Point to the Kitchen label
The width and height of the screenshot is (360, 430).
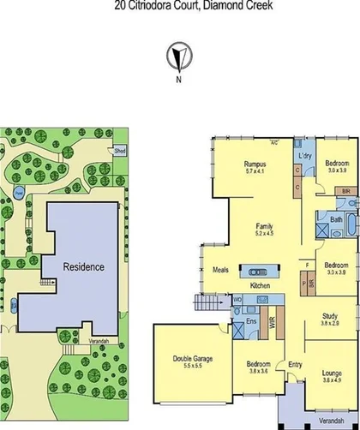[261, 284]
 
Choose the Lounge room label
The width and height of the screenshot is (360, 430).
[331, 373]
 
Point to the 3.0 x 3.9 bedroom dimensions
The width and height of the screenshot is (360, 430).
[336, 170]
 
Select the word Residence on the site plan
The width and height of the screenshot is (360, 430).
[84, 266]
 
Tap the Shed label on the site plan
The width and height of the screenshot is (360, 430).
[119, 150]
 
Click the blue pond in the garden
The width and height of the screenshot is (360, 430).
[18, 193]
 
